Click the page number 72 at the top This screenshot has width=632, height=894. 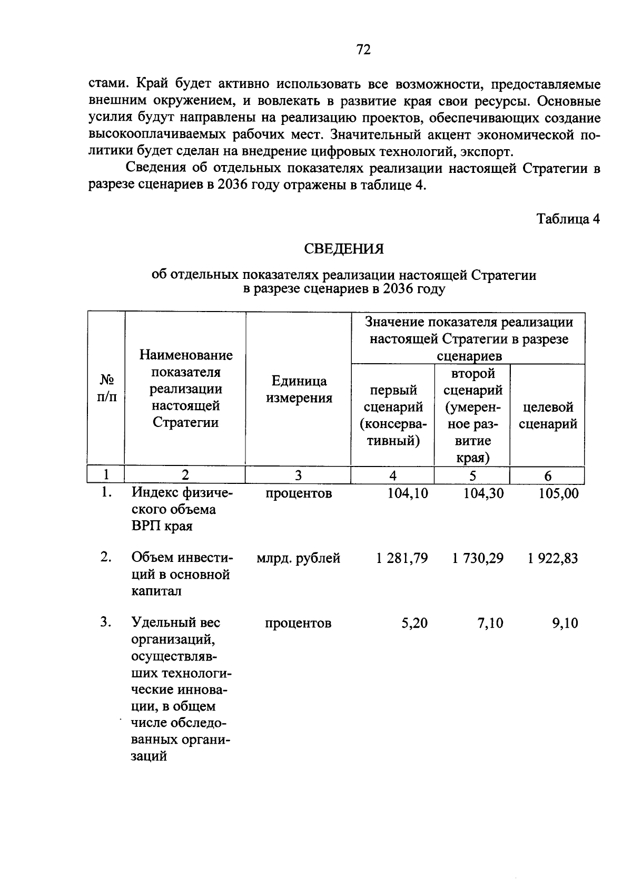tap(363, 50)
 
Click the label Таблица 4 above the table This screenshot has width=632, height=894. tap(568, 219)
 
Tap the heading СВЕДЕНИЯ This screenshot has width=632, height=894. tap(344, 249)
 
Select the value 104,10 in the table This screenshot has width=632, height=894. tap(408, 493)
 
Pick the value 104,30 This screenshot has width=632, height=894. tap(483, 493)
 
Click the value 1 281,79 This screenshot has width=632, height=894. tap(402, 558)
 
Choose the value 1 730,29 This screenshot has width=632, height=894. tap(478, 558)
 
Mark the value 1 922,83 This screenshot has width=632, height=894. tap(553, 558)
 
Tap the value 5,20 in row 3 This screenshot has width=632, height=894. tap(414, 623)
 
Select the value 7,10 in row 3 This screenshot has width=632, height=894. tap(490, 623)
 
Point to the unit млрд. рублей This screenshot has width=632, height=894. tap(298, 558)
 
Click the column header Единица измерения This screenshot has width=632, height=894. tap(299, 390)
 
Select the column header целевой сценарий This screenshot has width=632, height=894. tap(548, 415)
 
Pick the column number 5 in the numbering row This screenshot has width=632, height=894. tap(472, 476)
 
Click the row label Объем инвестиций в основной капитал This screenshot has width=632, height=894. tap(181, 574)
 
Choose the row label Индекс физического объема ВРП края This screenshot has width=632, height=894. tap(182, 510)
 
